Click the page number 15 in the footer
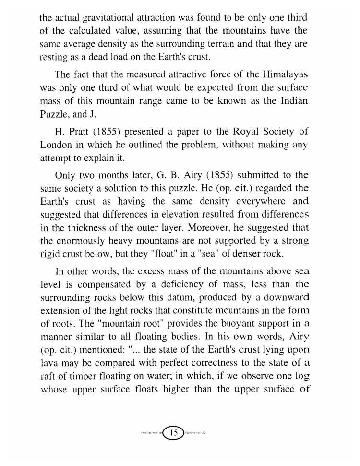coord(174,433)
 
